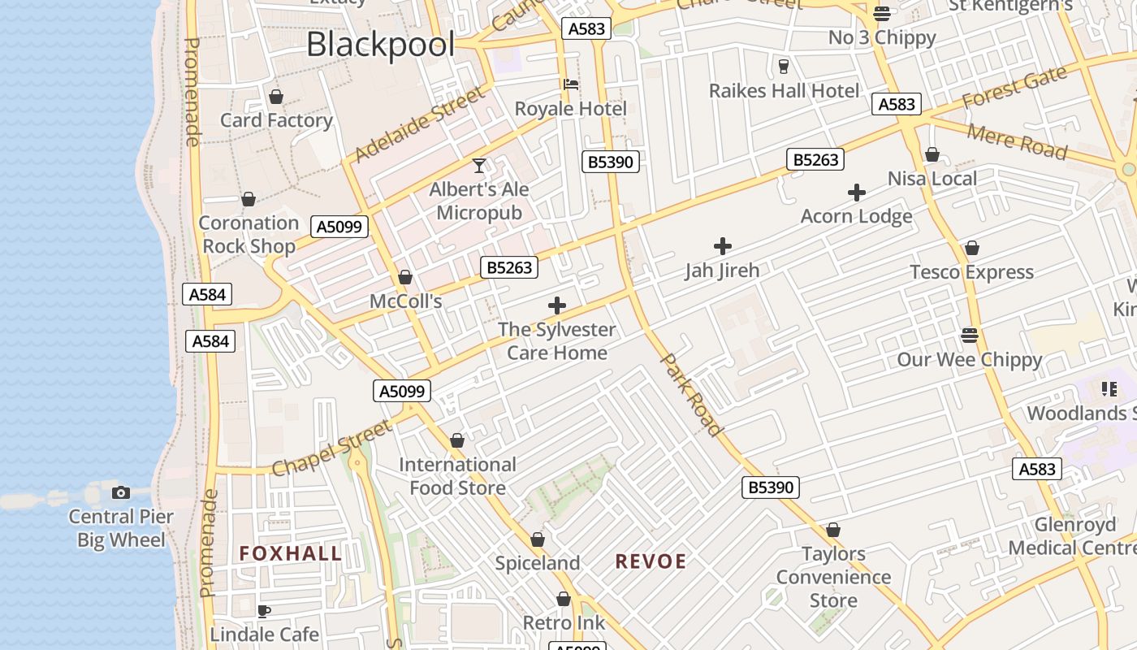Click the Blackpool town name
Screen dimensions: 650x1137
(380, 44)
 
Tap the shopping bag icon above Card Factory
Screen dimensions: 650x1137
(276, 97)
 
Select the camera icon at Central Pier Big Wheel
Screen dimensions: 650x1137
(121, 492)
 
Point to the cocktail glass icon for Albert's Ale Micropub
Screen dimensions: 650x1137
(479, 166)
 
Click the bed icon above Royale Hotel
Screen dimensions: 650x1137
(571, 84)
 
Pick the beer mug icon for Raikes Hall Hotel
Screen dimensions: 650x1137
(784, 66)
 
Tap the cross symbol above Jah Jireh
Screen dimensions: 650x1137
(722, 246)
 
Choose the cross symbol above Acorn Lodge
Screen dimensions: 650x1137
(856, 193)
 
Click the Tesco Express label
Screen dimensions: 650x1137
(971, 272)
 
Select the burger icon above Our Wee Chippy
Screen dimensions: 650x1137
(969, 335)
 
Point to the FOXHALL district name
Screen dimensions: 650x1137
(291, 554)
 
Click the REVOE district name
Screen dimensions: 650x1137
(651, 561)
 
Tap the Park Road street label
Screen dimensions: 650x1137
(692, 393)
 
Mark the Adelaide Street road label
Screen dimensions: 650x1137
(419, 125)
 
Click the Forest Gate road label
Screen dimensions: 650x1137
(1014, 88)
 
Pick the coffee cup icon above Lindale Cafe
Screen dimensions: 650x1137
(263, 610)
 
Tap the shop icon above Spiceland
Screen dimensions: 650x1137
(537, 539)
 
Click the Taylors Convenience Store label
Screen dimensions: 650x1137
(833, 577)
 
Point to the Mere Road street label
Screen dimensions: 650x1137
(1018, 141)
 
